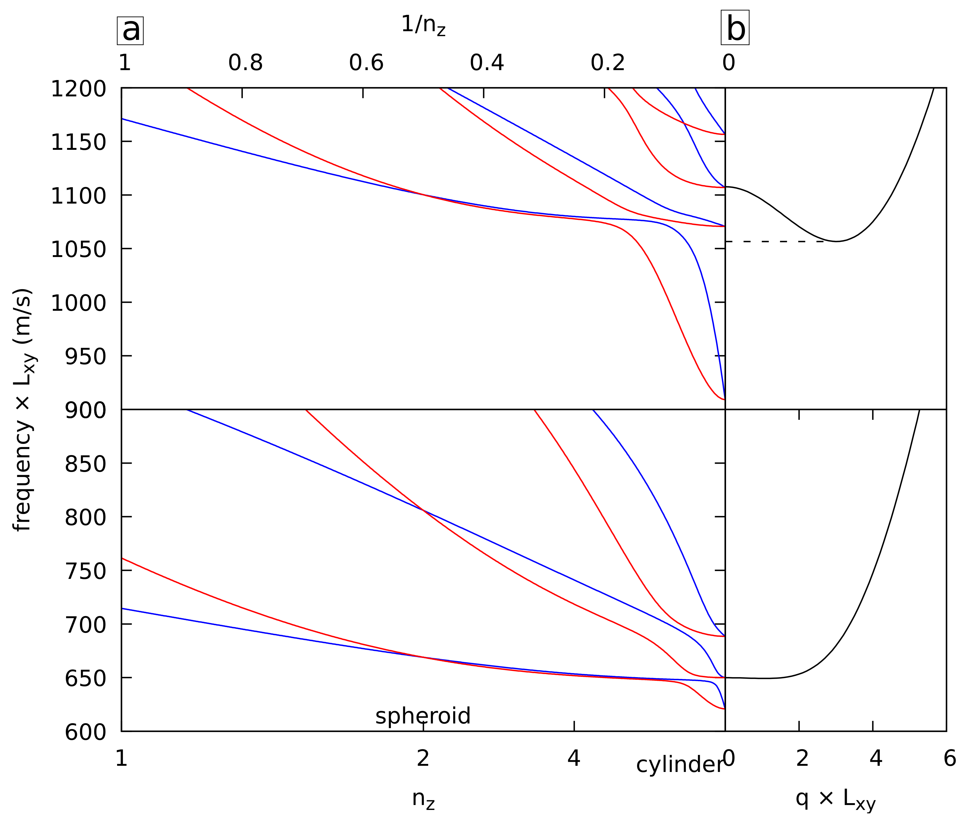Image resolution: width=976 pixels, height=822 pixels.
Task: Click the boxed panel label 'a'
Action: [130, 31]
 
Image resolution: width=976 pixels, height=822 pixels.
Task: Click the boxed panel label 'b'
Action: [735, 28]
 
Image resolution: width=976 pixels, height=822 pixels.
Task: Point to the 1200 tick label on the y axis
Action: [78, 89]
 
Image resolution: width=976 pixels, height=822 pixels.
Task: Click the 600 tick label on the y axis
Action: [85, 732]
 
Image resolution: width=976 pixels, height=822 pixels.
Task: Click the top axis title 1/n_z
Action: [423, 25]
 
